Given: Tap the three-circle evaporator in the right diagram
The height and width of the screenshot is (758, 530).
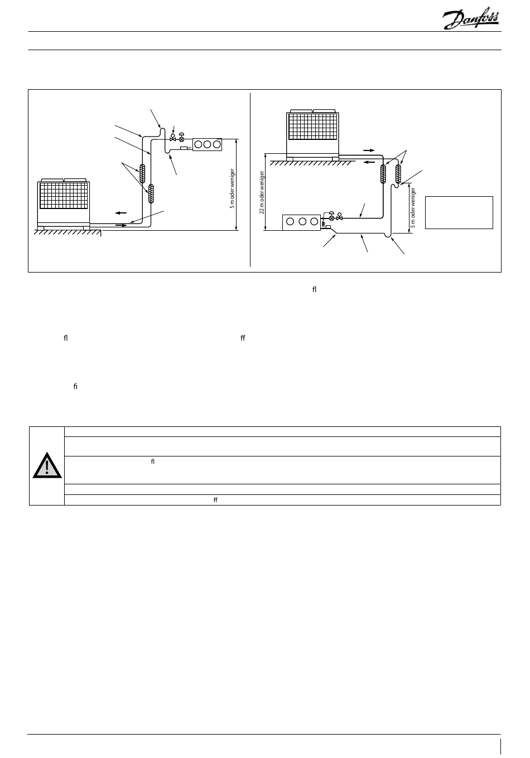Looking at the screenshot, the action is click(302, 222).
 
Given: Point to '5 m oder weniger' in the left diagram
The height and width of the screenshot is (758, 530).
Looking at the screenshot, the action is click(232, 188).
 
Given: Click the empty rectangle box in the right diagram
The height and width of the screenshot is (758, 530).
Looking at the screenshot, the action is click(459, 212).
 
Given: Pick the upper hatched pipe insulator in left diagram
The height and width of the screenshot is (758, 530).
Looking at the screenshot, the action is click(142, 174).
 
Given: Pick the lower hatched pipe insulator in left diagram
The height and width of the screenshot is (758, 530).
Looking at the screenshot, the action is click(151, 194).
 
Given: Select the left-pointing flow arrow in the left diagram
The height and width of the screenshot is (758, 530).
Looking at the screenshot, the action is click(121, 213).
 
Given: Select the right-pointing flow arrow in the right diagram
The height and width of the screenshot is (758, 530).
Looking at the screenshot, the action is click(369, 150).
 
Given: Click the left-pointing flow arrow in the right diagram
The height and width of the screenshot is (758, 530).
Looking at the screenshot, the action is click(369, 162).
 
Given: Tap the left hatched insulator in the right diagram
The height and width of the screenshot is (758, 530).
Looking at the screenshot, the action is click(384, 173).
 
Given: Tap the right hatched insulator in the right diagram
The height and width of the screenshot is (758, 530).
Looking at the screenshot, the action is click(398, 173).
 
